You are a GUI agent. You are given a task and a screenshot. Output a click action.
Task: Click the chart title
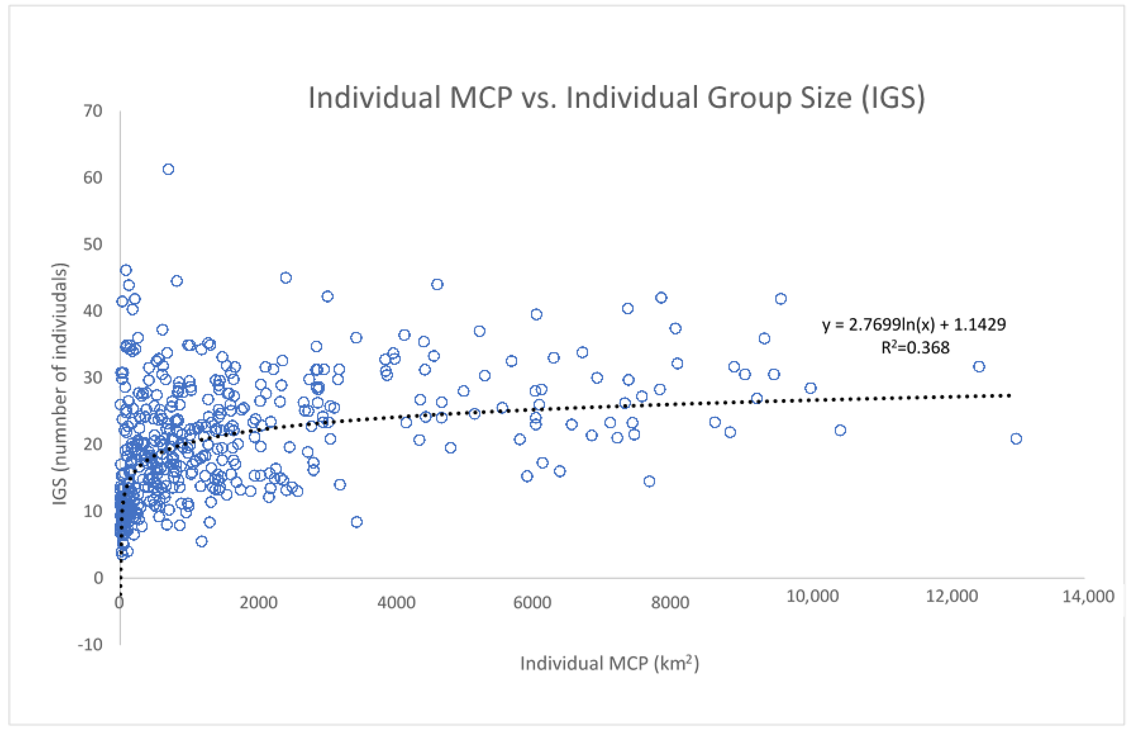point(616,98)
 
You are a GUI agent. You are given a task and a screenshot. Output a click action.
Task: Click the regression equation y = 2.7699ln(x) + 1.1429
point(914,325)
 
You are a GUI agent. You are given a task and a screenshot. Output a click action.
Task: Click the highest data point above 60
point(168,169)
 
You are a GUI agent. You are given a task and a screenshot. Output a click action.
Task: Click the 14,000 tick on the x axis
point(1088,596)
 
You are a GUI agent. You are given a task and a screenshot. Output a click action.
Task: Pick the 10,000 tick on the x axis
point(812,596)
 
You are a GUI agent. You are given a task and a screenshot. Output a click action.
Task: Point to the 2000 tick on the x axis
point(258,603)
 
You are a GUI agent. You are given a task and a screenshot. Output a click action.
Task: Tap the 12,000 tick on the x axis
point(951,596)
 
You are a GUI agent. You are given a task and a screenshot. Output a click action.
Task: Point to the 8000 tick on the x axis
point(670,603)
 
